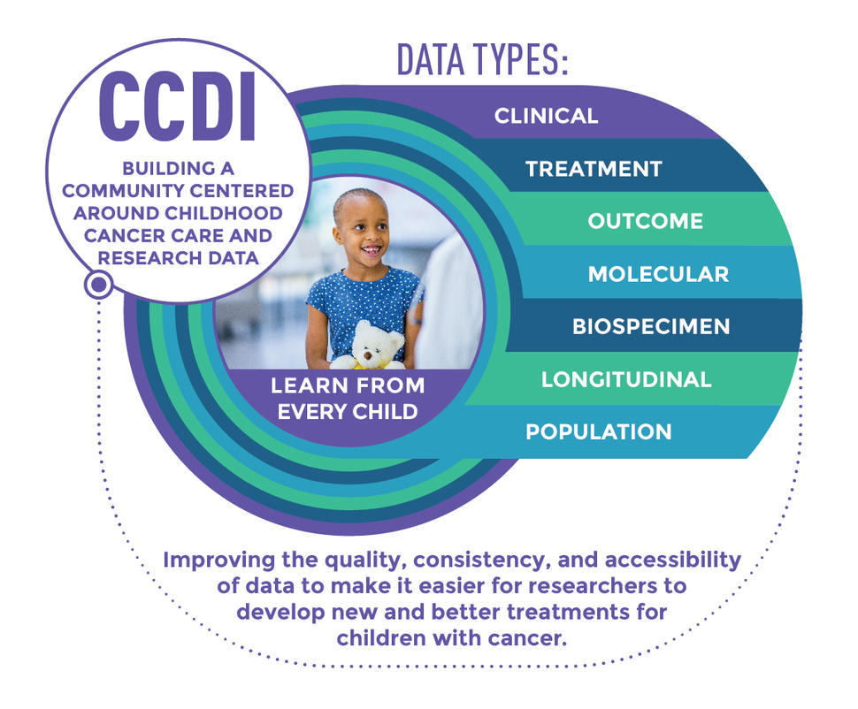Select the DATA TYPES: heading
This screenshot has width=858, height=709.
[x=482, y=59]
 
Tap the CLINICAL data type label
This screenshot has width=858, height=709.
[x=546, y=116]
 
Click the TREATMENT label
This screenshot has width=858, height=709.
[x=594, y=169]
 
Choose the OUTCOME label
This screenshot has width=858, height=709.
[x=646, y=221]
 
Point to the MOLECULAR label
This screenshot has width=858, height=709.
[x=658, y=274]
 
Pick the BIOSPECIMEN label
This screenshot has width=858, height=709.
[x=651, y=326]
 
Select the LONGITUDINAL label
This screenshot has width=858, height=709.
[x=626, y=379]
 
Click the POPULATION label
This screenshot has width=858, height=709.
[x=598, y=431]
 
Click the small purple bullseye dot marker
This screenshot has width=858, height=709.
[x=99, y=285]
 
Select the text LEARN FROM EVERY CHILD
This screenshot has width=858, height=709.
[x=348, y=399]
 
